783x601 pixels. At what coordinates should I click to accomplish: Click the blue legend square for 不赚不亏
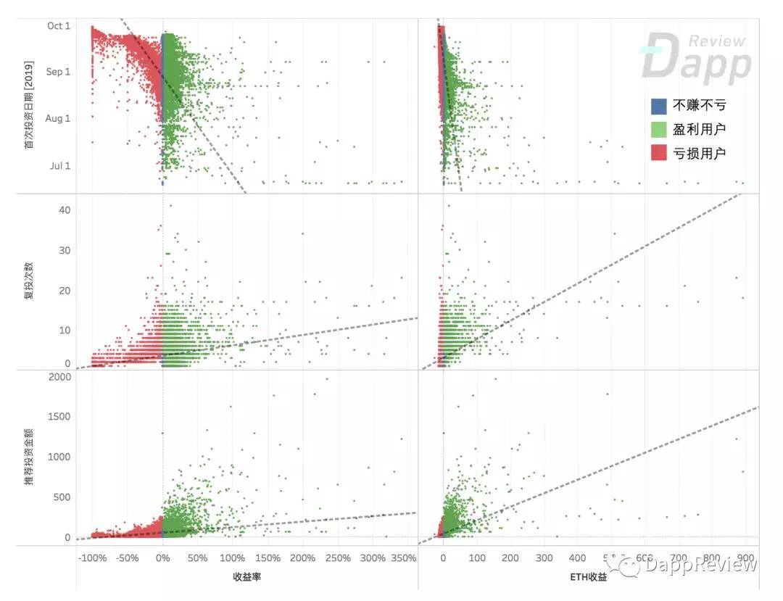point(658,106)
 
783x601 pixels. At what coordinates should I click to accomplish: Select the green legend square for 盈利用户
point(658,130)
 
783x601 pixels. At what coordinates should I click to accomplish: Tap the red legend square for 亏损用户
point(658,153)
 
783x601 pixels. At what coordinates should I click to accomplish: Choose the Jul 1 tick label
point(59,166)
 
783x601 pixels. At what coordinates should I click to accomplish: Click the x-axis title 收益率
point(246,577)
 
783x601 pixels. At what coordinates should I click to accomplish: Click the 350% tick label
point(403,559)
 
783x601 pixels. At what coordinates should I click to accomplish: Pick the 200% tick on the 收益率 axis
point(302,559)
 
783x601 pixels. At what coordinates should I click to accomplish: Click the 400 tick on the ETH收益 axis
point(577,559)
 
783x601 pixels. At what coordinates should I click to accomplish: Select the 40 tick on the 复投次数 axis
point(64,210)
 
